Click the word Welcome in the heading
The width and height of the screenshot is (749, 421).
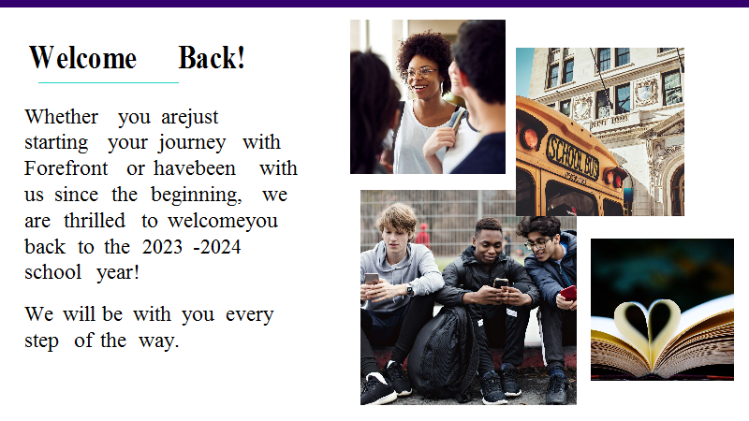[x=83, y=58]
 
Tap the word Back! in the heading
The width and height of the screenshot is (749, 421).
[x=212, y=58]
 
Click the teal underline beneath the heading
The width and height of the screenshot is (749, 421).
[x=109, y=82]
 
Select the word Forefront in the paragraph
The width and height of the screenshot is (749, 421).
[x=66, y=168]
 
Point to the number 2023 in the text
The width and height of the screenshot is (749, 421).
[x=162, y=247]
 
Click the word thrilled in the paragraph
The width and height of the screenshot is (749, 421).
[x=95, y=221]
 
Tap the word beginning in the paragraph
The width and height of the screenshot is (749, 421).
[x=197, y=196]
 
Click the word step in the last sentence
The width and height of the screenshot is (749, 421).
[x=41, y=341]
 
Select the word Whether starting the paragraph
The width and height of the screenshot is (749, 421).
[x=62, y=116]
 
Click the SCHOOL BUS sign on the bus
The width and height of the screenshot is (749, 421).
[x=573, y=157]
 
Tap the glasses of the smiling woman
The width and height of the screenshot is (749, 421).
[x=420, y=73]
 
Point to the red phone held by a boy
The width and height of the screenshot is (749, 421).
[x=568, y=293]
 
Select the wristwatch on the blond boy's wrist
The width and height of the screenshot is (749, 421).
[x=410, y=290]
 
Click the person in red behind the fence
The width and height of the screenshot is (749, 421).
[x=423, y=237]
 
